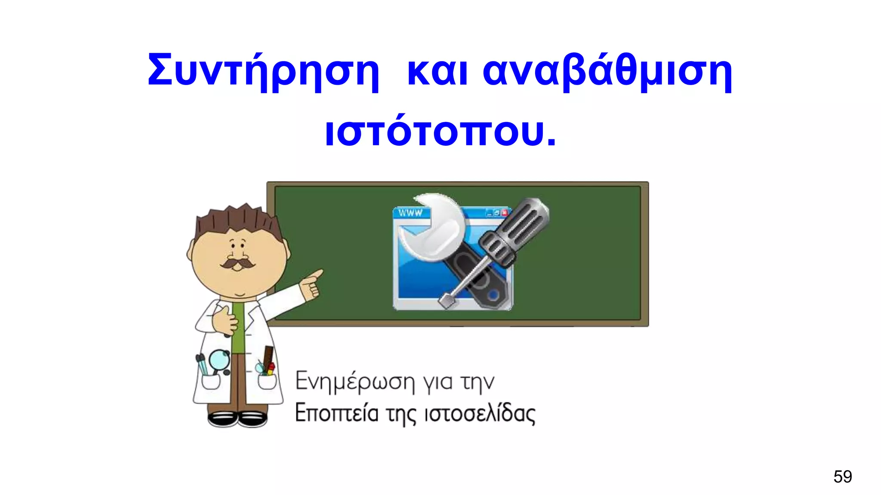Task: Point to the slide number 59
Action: [x=842, y=477]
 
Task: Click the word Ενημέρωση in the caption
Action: [x=355, y=382]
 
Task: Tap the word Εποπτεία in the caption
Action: [x=336, y=413]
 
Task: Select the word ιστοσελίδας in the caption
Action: [x=480, y=413]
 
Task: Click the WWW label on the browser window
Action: [x=410, y=213]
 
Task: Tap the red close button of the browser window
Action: [x=505, y=212]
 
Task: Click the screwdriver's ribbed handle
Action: [x=516, y=230]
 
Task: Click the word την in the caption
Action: [x=477, y=382]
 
